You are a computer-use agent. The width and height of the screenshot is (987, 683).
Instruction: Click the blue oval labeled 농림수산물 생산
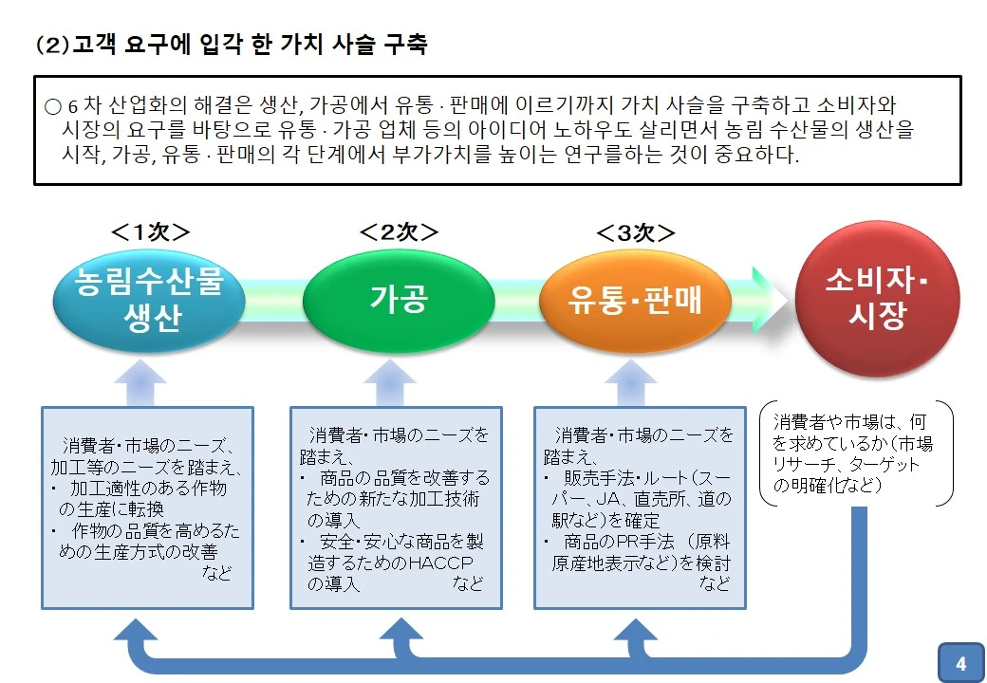pos(148,301)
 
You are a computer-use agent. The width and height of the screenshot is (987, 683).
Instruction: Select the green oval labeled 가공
pos(398,301)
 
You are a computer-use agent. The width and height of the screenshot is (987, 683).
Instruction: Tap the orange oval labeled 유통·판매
pos(635,301)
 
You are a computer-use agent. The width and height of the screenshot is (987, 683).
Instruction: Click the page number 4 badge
pos(960,663)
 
